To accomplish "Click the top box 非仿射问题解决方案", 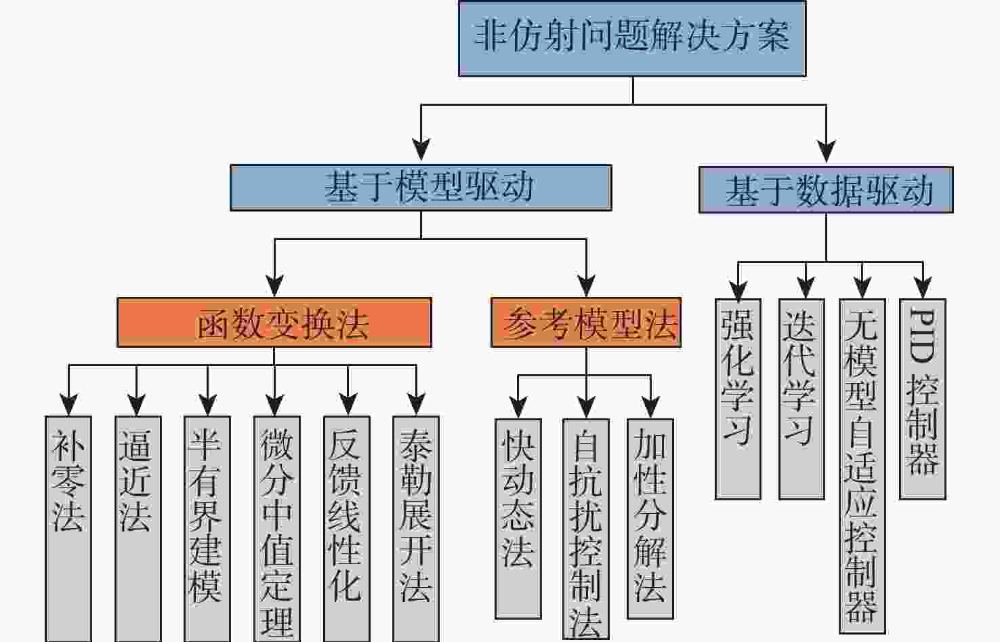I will [x=632, y=39].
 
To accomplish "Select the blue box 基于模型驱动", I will [x=421, y=188].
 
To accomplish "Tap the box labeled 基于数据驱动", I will [x=826, y=190].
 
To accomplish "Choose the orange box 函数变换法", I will [x=274, y=323].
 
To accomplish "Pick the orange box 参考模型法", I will [x=586, y=323].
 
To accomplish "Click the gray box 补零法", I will [x=68, y=529].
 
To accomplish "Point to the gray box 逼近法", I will [x=138, y=529].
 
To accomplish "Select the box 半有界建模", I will [x=207, y=529].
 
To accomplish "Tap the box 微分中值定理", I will [x=276, y=529].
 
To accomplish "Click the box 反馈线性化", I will [x=346, y=529].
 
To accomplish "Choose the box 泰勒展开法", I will [x=415, y=529].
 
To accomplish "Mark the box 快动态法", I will [x=518, y=519].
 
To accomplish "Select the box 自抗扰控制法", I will [x=585, y=529].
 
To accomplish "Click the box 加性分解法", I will [x=650, y=519].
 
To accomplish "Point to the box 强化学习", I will [x=738, y=399].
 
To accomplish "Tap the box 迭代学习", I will [x=801, y=399].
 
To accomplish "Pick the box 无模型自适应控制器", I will [x=862, y=466].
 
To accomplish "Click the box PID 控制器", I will [x=922, y=399].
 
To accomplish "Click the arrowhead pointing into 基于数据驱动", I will [x=826, y=152].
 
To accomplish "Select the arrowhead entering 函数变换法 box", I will [x=274, y=285].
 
